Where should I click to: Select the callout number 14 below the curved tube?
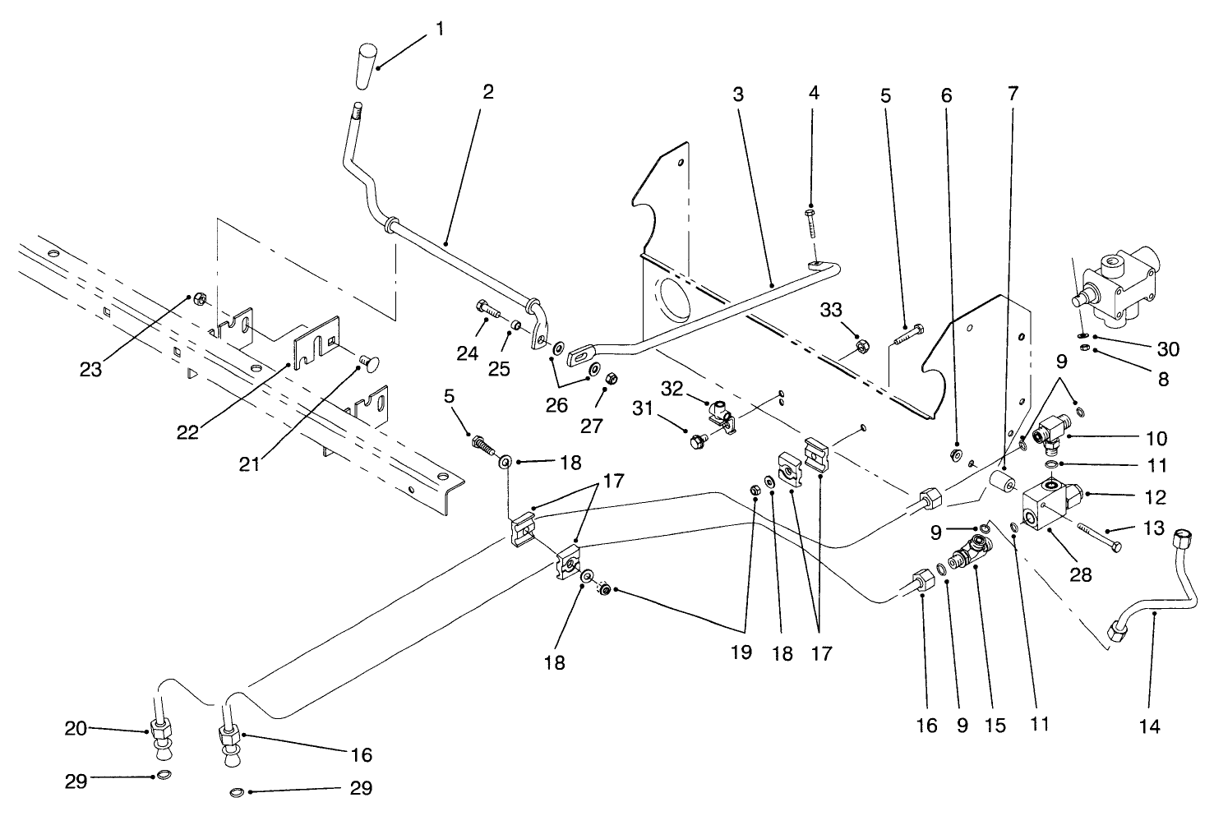[1149, 726]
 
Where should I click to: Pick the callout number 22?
[187, 431]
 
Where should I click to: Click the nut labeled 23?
[198, 297]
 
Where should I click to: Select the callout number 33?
[831, 310]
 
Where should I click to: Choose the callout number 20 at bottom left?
[76, 727]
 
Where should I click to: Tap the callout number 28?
[1080, 574]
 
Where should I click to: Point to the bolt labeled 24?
[487, 312]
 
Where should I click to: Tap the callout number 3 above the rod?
[737, 94]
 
